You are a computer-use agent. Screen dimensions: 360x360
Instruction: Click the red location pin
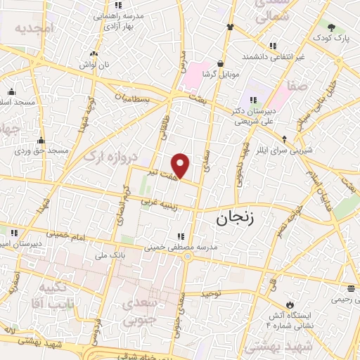coord(181,165)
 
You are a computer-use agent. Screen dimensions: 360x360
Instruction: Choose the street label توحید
coord(212,292)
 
